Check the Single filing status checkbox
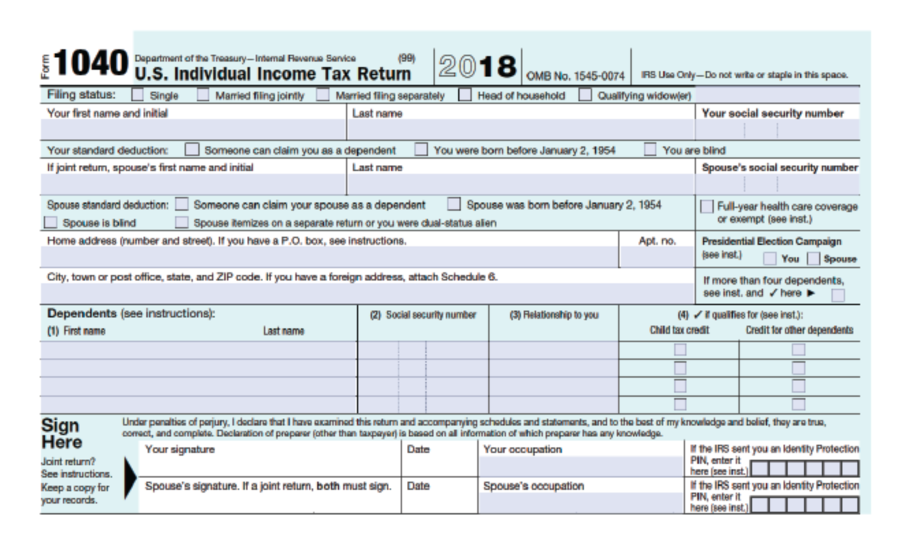coord(137,96)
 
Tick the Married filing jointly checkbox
coord(203,96)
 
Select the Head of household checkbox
coord(465,96)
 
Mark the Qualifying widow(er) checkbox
coord(585,96)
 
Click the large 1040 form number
coord(89,66)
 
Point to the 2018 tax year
coord(477,66)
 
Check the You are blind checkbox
coord(650,149)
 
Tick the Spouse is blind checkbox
coord(51,222)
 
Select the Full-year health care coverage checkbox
coord(706,206)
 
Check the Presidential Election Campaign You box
coord(769,259)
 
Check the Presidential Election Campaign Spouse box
coord(814,259)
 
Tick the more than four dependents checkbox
coord(838,296)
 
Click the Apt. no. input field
coord(655,257)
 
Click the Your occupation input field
coord(582,467)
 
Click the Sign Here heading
coord(63,432)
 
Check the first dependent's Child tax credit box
coord(679,350)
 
